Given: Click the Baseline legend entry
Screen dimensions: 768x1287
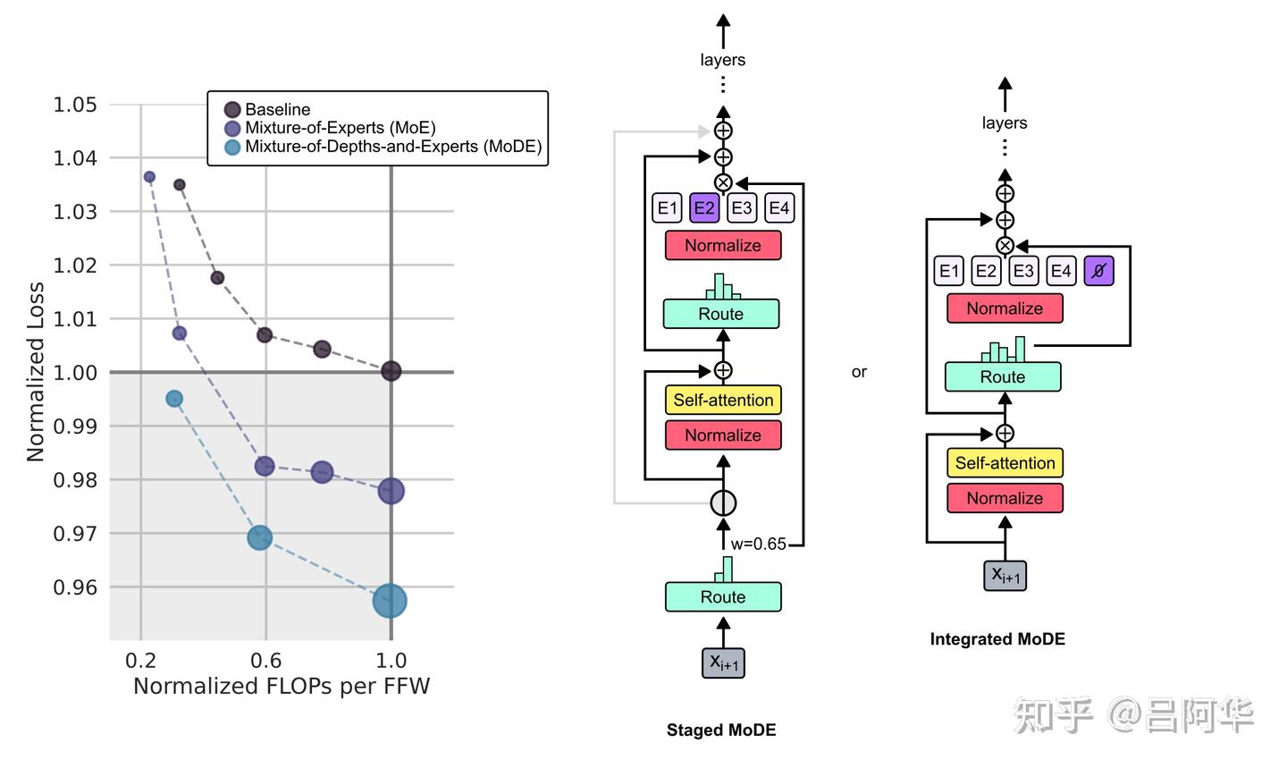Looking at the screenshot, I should (277, 110).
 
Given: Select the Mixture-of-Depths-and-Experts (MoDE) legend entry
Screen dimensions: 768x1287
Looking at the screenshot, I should (392, 147).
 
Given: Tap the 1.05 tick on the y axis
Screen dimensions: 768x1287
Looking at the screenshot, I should (75, 105).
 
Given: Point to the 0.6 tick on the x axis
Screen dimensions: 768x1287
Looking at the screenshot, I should (265, 661).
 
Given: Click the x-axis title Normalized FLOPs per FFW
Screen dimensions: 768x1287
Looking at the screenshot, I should (282, 687).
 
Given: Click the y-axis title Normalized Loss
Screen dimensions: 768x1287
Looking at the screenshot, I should (36, 372).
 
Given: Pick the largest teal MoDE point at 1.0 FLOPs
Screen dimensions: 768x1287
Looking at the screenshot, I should (390, 601).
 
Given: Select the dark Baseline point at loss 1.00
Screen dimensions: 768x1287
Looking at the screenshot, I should (391, 371).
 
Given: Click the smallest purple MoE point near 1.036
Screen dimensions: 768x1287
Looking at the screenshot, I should (149, 177).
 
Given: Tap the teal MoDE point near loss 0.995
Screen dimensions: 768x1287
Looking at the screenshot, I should (174, 399).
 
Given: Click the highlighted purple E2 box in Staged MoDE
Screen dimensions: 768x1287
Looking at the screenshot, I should (704, 208).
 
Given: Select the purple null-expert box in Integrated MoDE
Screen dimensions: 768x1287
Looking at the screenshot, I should (1098, 271).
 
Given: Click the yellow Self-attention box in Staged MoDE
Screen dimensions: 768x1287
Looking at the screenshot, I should (723, 401).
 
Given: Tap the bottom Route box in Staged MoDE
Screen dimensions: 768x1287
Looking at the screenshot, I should (723, 597).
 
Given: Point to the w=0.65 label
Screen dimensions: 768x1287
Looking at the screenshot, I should (758, 544).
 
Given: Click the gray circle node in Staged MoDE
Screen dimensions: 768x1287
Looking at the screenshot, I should (723, 502).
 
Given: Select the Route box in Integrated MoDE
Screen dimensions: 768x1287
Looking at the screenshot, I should (1003, 377).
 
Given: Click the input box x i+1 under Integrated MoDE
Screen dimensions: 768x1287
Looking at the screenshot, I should (1005, 575).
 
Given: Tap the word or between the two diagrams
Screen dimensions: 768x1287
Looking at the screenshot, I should (859, 372).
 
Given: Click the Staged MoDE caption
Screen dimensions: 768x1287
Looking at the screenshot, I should (721, 730).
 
